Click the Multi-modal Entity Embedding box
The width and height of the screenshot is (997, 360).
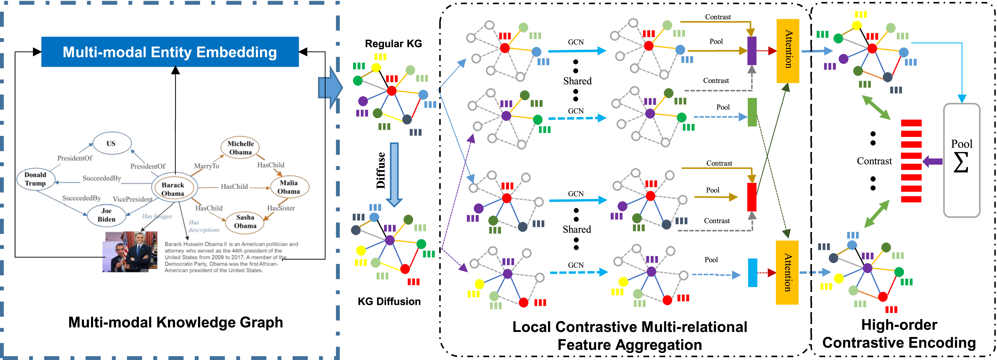170,52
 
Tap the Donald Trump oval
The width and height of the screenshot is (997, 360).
35,179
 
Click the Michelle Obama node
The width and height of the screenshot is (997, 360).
240,148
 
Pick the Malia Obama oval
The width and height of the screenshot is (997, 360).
289,187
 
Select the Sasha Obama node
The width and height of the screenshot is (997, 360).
245,221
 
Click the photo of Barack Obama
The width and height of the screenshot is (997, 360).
130,252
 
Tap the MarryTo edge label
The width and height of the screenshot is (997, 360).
207,166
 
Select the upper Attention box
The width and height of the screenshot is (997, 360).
788,51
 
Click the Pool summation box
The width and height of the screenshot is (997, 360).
962,160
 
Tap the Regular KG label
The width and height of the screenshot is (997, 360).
393,44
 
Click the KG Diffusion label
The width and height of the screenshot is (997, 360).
389,301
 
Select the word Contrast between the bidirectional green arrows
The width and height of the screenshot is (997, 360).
874,161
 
